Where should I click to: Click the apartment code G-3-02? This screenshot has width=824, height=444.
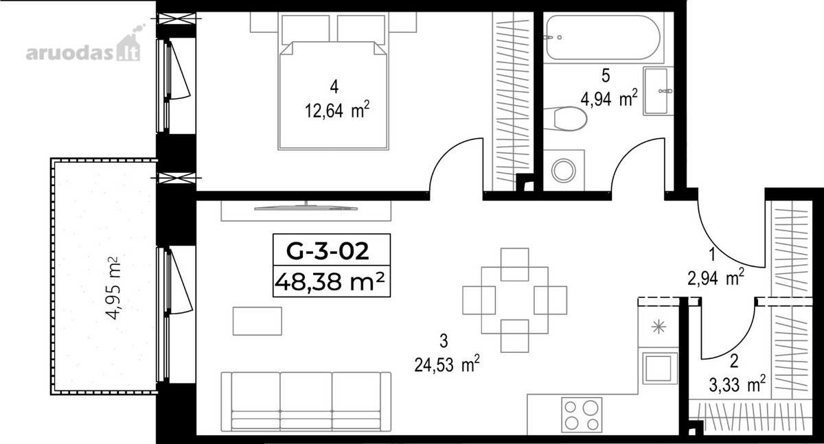coord(328,252)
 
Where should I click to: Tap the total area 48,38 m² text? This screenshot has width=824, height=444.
coord(330,282)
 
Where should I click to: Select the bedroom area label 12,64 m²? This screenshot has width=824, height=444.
coord(337,110)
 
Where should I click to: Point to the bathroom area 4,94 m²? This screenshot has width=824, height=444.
coord(609,99)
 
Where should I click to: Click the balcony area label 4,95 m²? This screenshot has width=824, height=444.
coord(113,288)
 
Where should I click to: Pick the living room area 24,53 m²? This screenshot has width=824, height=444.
coord(447,364)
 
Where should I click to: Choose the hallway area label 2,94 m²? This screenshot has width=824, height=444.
coord(716,278)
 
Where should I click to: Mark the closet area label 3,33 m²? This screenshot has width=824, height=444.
coord(737,385)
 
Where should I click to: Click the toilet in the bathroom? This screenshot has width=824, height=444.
coord(565,118)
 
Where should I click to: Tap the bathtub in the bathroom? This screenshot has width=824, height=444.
coord(604,38)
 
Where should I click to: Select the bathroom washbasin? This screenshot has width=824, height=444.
coord(658,91)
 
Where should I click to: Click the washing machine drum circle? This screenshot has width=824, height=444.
coord(564,171)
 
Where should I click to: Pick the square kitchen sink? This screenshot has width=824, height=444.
coord(660,369)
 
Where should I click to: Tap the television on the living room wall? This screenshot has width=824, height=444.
coord(306,208)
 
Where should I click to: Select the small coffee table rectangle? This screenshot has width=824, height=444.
coord(257,321)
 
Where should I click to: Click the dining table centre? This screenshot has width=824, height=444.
coord(514,301)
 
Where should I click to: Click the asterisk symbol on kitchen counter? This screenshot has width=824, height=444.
coord(659,327)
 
